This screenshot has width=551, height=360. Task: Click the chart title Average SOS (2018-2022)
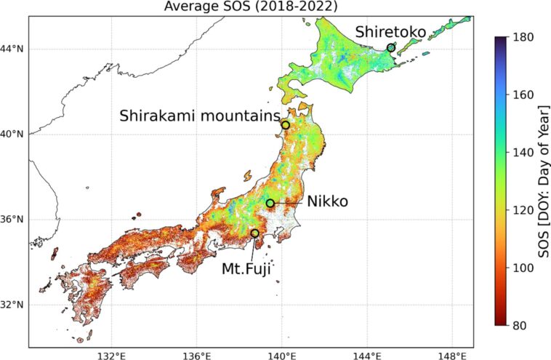[x=251, y=7]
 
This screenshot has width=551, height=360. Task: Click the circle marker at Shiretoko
[x=391, y=47]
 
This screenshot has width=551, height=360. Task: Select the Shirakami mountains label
[x=200, y=116]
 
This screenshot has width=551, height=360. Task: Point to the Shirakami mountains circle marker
[x=286, y=125]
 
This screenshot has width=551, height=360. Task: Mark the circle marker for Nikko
[x=270, y=204]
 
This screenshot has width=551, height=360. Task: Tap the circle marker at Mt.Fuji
[x=254, y=233]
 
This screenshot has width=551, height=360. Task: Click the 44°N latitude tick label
[x=12, y=49]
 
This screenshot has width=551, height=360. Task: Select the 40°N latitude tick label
[x=12, y=135]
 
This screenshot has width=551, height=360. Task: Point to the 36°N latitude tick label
[x=12, y=219]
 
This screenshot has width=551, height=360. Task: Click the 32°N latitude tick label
[x=12, y=304]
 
